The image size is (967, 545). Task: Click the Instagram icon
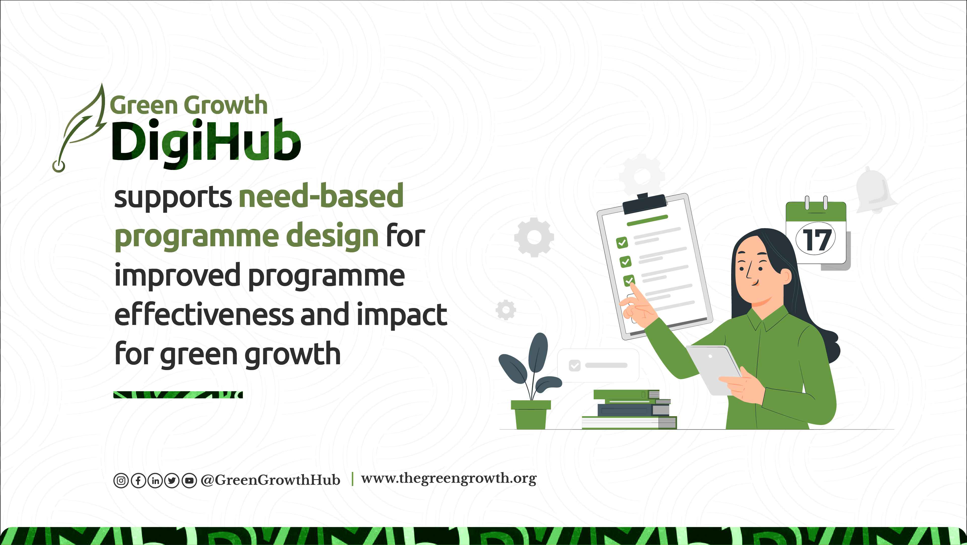point(121,481)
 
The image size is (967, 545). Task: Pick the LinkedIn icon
point(155,481)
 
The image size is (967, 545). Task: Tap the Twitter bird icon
point(172,481)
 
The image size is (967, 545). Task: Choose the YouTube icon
point(189,481)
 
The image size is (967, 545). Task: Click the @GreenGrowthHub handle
point(270,480)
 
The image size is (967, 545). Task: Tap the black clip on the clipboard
point(644,203)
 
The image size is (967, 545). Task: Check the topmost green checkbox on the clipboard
point(622,243)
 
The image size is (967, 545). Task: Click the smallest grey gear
point(506,310)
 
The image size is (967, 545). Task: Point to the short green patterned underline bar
point(178,395)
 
